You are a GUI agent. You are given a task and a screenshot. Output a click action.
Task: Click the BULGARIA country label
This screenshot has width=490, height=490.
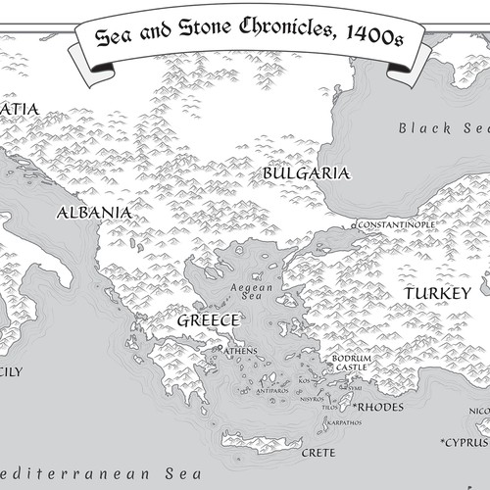(306, 173)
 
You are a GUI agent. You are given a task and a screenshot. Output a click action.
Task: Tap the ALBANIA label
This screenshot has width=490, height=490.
(94, 212)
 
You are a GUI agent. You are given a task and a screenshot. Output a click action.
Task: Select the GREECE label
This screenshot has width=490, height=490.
(209, 320)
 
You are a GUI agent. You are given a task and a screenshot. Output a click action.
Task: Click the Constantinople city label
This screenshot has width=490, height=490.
(396, 224)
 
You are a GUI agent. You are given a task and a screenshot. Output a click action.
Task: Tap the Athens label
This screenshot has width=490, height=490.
(240, 351)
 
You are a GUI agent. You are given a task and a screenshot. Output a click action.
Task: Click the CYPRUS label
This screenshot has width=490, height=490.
(466, 440)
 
